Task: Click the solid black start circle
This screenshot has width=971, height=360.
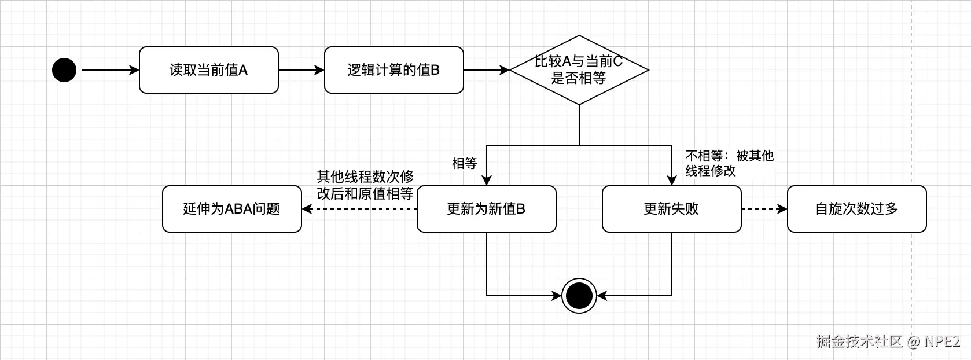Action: pyautogui.click(x=64, y=70)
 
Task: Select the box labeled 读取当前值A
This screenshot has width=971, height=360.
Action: pyautogui.click(x=208, y=70)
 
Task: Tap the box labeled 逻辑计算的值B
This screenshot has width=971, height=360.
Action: pyautogui.click(x=393, y=70)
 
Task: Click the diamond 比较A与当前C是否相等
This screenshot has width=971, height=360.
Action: pyautogui.click(x=579, y=70)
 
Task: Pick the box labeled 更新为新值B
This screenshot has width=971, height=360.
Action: pyautogui.click(x=486, y=209)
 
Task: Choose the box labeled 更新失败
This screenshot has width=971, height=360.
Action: pyautogui.click(x=671, y=209)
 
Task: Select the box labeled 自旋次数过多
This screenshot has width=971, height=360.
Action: pyautogui.click(x=856, y=209)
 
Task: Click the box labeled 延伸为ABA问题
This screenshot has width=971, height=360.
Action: pyautogui.click(x=231, y=209)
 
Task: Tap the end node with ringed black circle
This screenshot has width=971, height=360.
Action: pyautogui.click(x=579, y=296)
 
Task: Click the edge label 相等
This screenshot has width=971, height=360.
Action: pyautogui.click(x=464, y=164)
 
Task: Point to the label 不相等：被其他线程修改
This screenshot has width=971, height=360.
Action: pyautogui.click(x=729, y=163)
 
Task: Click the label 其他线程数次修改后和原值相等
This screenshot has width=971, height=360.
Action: pyautogui.click(x=365, y=185)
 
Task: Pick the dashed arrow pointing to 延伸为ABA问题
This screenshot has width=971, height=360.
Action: pyautogui.click(x=359, y=209)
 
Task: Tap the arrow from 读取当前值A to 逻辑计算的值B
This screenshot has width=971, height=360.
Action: pyautogui.click(x=301, y=70)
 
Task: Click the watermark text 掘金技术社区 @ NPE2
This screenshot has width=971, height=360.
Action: pyautogui.click(x=888, y=341)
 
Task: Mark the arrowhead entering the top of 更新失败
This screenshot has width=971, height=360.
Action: pyautogui.click(x=672, y=180)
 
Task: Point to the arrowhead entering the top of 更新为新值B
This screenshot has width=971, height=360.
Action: pyautogui.click(x=487, y=180)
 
